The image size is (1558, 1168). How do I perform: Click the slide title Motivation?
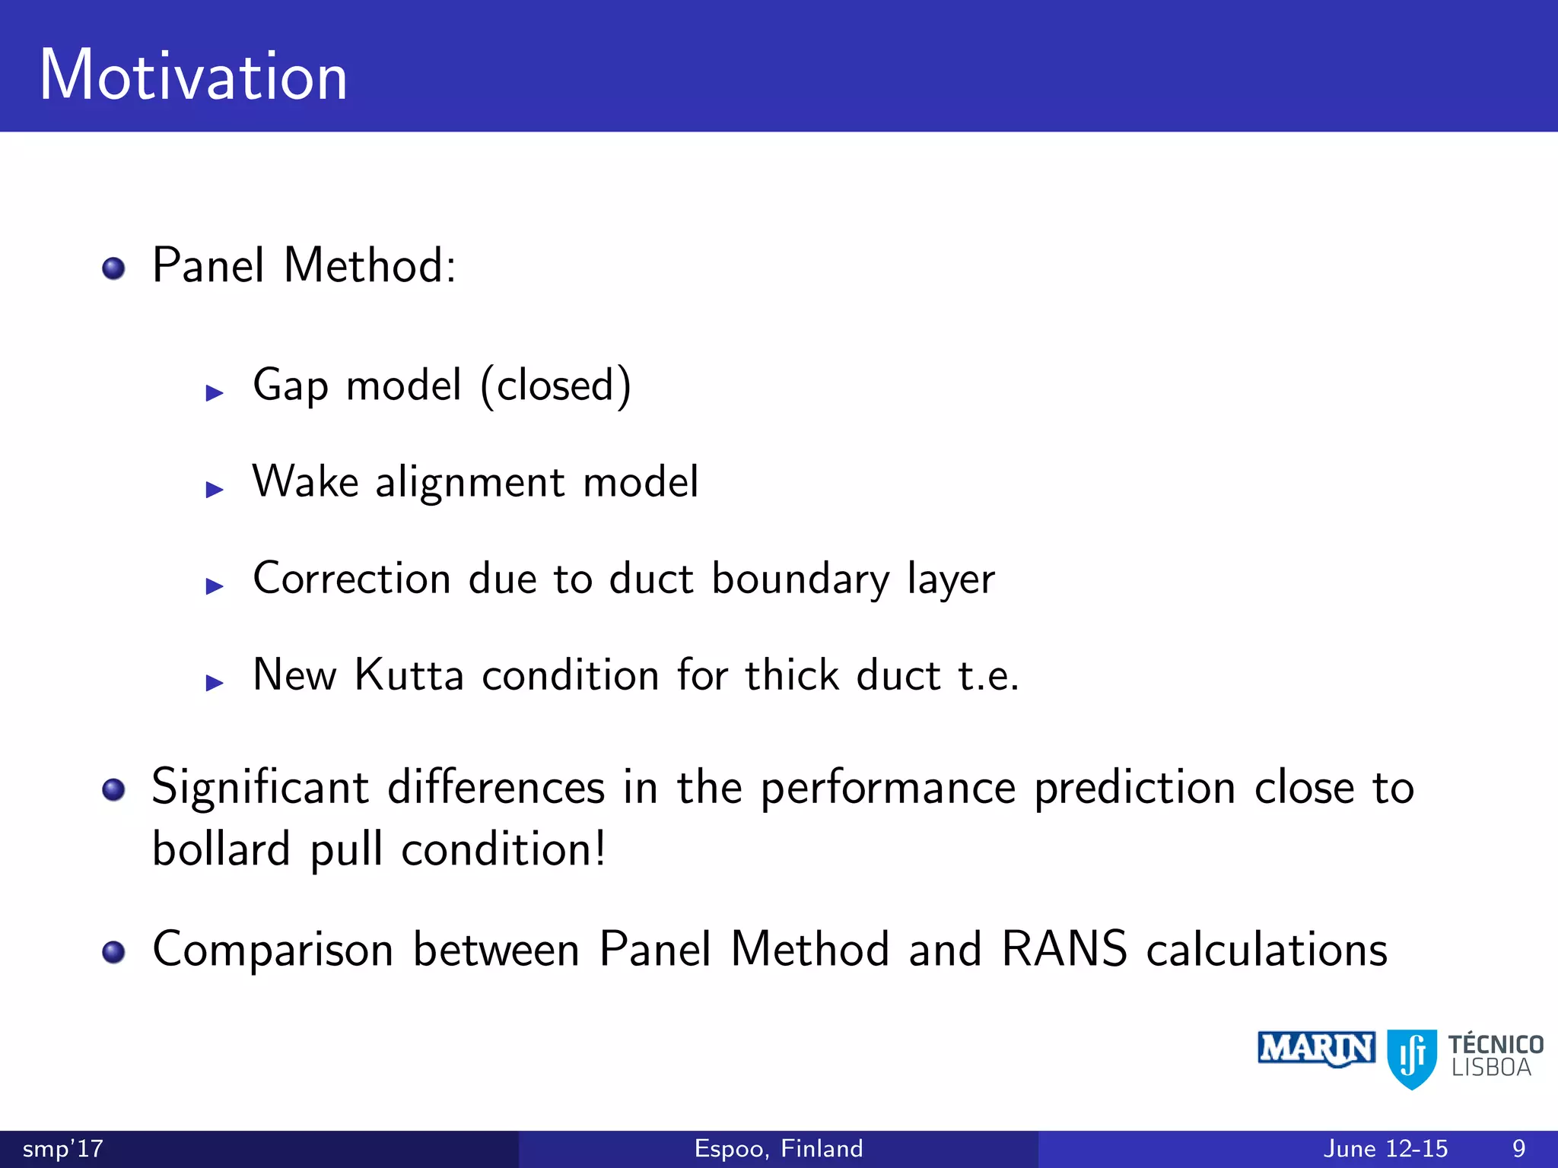point(193,75)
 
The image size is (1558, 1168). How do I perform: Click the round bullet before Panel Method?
point(113,268)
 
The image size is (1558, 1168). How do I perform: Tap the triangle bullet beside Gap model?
point(215,392)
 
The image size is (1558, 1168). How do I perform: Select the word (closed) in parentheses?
point(555,386)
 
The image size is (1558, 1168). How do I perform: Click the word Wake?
point(305,481)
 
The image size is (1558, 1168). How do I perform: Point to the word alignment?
point(469,483)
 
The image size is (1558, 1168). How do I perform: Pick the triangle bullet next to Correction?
point(215,586)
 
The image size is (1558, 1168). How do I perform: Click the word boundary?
point(800,579)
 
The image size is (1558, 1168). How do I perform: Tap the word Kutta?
point(409,674)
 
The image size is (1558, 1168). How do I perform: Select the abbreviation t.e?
point(987,675)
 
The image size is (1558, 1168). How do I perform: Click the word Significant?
point(260,787)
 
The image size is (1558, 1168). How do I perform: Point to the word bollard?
point(221,849)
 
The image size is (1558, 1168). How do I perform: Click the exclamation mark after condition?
point(600,847)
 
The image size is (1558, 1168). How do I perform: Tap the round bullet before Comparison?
point(113,952)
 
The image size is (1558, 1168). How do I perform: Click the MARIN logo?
point(1316,1049)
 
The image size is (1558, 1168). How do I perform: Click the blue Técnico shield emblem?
point(1412,1058)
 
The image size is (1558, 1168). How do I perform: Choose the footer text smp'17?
point(63,1148)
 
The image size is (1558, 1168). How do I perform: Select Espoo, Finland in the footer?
point(778,1148)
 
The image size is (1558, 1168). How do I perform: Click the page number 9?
point(1518,1148)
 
